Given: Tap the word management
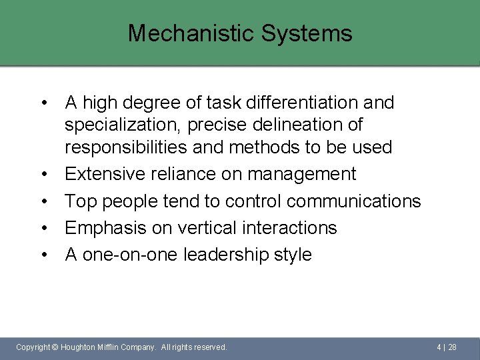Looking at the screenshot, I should tap(302, 175).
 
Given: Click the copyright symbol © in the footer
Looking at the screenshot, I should tap(55, 347).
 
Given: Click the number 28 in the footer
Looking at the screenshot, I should tap(452, 347).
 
